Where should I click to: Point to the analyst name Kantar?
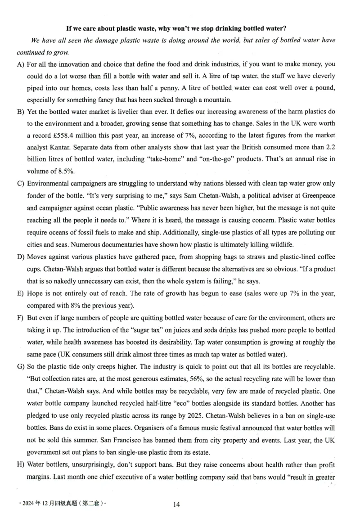[x=58, y=147]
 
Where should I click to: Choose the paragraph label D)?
[x=20, y=257]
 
